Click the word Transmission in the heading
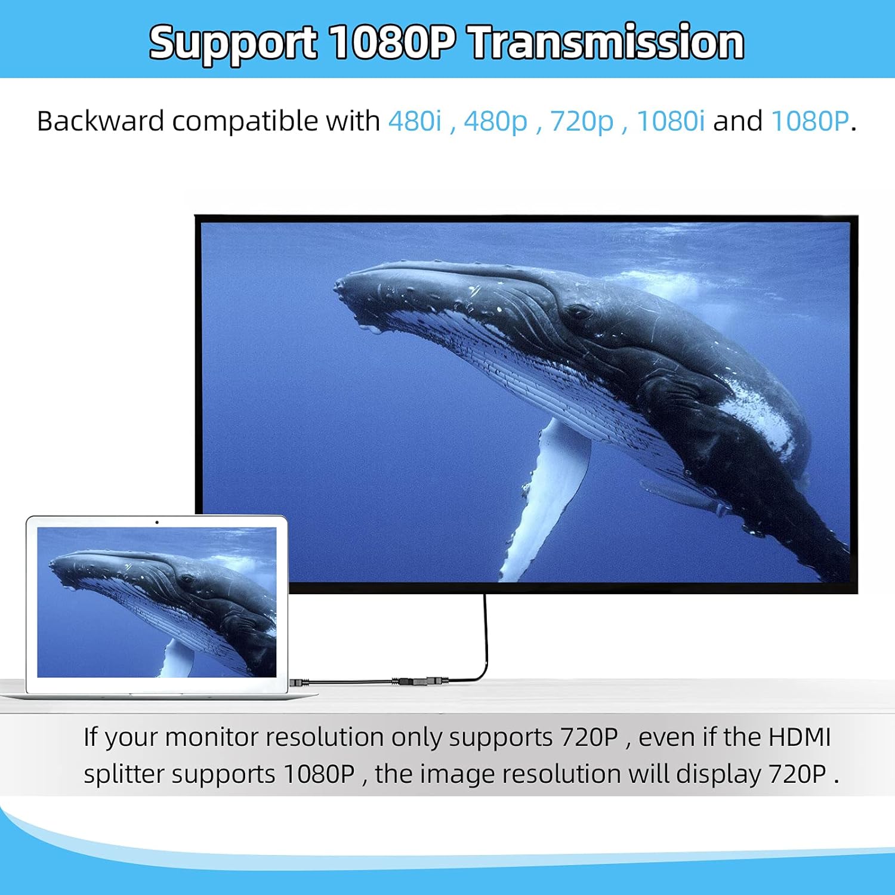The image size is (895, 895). (607, 43)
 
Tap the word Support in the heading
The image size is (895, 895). (233, 43)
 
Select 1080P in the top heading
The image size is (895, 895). (392, 43)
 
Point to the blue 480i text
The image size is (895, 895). (415, 121)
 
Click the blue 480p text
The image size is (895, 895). (495, 121)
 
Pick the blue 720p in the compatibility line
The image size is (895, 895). (581, 121)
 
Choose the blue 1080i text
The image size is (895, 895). (671, 121)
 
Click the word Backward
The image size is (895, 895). (100, 121)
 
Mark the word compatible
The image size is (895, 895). (245, 121)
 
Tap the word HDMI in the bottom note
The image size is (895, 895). (799, 737)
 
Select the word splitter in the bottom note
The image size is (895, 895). (124, 774)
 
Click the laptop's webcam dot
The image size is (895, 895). (157, 522)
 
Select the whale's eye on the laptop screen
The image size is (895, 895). (187, 579)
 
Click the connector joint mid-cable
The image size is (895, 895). (412, 681)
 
